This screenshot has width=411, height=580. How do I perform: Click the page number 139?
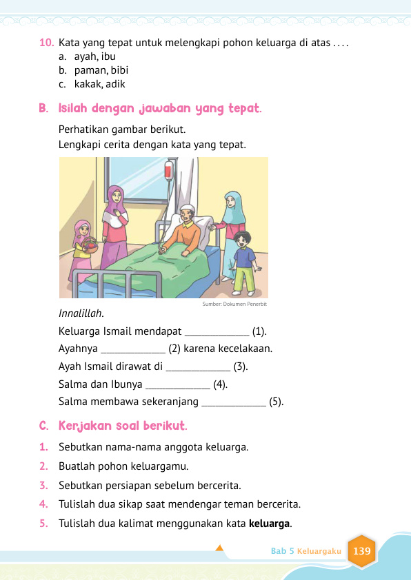(361, 551)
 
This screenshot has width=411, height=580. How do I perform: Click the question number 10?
(47, 43)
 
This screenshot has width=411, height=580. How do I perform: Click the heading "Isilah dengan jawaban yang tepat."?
(159, 109)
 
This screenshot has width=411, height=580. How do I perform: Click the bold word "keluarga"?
(270, 523)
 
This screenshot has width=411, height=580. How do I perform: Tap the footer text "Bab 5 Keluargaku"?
(305, 551)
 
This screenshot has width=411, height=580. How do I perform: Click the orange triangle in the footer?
(220, 548)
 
